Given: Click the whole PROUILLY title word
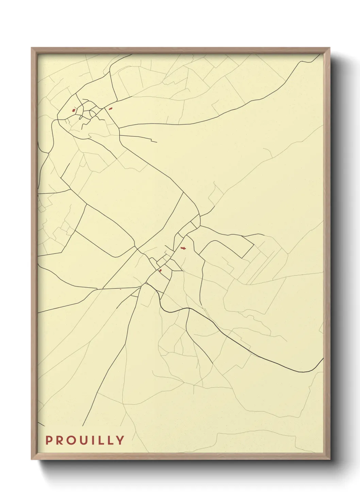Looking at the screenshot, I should click(x=85, y=440).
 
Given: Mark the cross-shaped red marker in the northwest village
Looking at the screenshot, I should click(x=73, y=110).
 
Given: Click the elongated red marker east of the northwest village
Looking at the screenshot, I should click(x=110, y=109).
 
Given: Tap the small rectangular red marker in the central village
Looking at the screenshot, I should click(x=160, y=270).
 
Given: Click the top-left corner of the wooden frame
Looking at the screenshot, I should click(x=32, y=48).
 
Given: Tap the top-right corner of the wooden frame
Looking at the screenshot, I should click(x=329, y=48).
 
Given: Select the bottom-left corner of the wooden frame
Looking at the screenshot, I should click(x=32, y=459).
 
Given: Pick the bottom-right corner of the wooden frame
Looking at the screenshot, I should click(x=329, y=459).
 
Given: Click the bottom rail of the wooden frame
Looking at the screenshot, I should click(x=180, y=456).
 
